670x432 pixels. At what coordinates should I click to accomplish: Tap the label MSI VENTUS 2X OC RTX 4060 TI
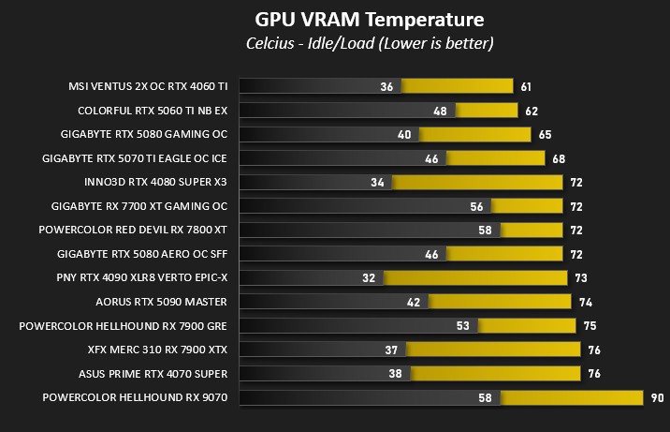coord(148,86)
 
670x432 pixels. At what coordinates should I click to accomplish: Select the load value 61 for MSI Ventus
coord(526,86)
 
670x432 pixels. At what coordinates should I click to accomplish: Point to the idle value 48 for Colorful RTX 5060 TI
coord(440,111)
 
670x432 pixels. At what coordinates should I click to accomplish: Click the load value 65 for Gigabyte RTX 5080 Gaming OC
coord(545,134)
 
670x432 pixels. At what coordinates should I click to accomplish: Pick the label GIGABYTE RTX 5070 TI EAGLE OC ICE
coord(135,158)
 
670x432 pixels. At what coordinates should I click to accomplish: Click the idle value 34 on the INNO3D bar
coord(377,182)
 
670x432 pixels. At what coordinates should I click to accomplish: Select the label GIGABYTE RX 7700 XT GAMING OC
coord(141,206)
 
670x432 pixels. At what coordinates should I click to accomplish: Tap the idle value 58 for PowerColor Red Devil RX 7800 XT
coord(484,230)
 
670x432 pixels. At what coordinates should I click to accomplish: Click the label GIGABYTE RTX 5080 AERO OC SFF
coord(142,254)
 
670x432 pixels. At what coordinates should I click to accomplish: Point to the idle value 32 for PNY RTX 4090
coord(368,278)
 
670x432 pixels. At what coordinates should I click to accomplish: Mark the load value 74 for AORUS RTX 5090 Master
coord(585,302)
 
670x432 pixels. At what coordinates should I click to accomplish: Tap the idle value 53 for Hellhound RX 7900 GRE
coord(462,326)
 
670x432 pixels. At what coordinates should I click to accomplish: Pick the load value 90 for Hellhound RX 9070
coord(658,398)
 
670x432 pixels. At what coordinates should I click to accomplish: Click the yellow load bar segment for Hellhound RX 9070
coord(571,398)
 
